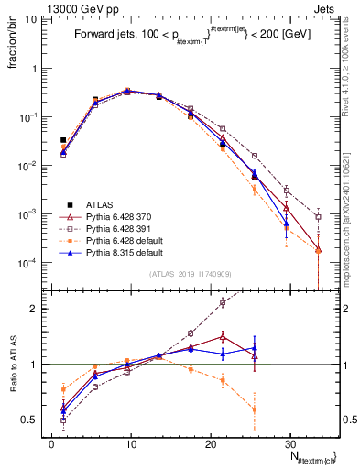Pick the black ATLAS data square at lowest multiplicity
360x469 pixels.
point(63,140)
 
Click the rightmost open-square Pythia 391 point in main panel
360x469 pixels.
point(318,217)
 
